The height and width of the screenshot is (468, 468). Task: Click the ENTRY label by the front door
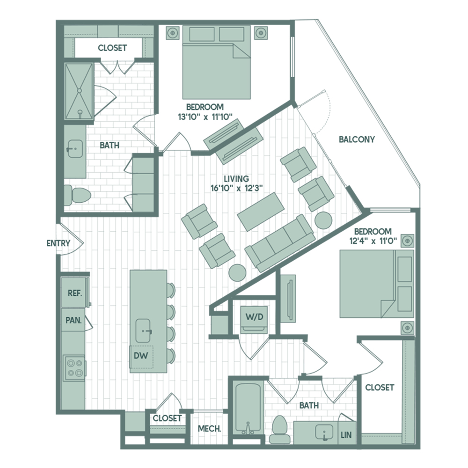[x=59, y=243]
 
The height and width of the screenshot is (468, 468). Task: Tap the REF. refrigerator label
[x=75, y=293]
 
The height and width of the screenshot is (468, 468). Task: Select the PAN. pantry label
[x=74, y=320]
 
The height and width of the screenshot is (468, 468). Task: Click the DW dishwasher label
[x=141, y=356]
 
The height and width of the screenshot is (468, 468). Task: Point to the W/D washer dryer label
[x=254, y=316]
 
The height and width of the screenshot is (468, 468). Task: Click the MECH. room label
[x=210, y=429]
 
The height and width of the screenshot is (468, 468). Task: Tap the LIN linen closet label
[x=346, y=435]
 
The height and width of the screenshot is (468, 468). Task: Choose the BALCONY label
[x=357, y=139]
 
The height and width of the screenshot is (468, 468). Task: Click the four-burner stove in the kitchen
[x=74, y=368]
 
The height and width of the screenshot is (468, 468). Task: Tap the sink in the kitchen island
[x=143, y=331]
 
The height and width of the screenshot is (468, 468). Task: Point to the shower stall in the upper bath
[x=80, y=91]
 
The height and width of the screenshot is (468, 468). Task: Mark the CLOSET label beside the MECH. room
[x=167, y=418]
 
